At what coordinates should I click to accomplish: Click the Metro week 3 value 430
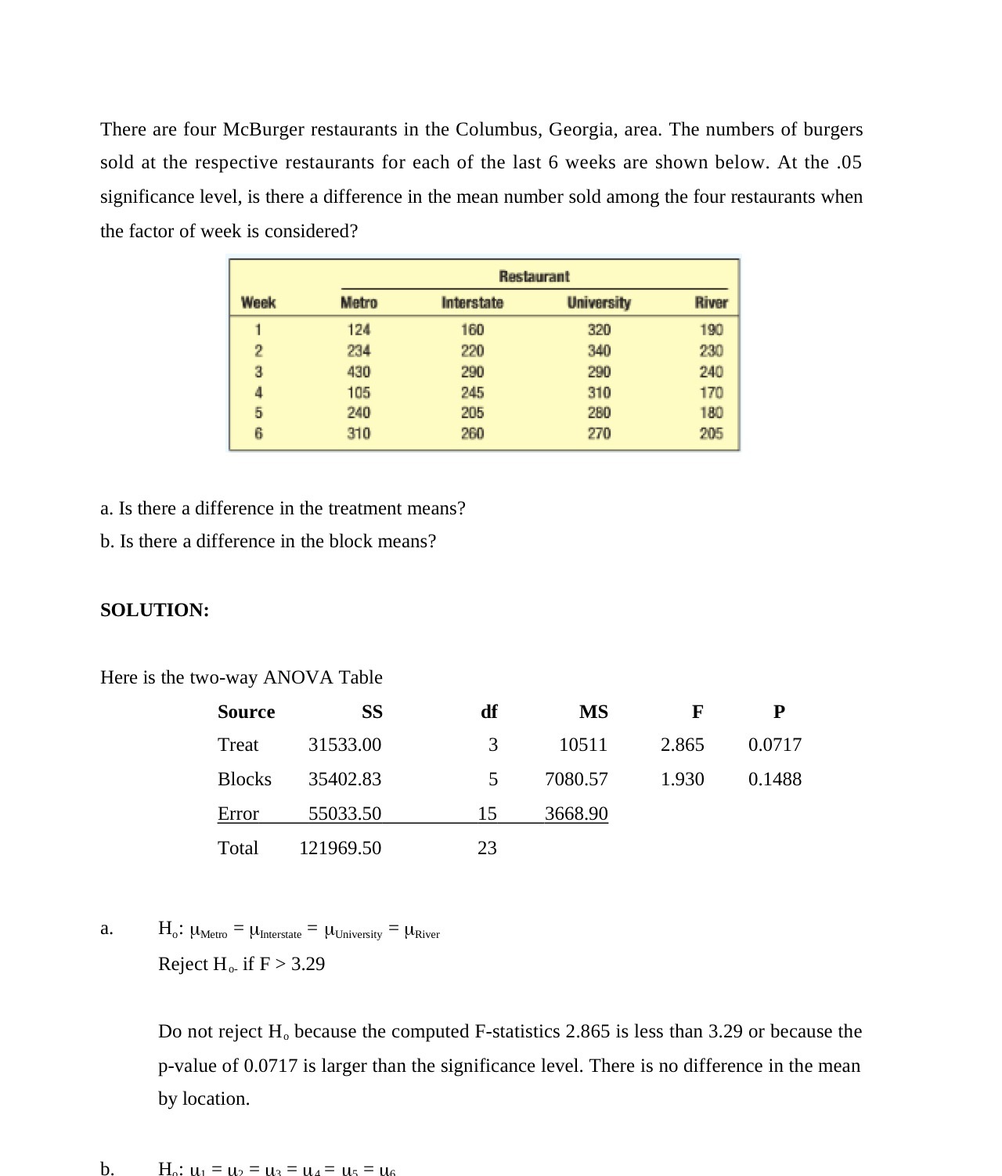pyautogui.click(x=359, y=372)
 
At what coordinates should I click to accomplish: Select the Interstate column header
pyautogui.click(x=472, y=303)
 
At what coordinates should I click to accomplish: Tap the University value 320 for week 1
pyautogui.click(x=599, y=330)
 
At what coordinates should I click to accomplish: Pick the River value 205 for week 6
pyautogui.click(x=711, y=434)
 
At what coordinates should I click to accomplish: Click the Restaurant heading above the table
pyautogui.click(x=534, y=276)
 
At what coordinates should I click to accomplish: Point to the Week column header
pyautogui.click(x=258, y=303)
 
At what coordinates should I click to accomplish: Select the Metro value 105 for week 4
pyautogui.click(x=359, y=392)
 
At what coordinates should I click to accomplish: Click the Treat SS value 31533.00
pyautogui.click(x=344, y=745)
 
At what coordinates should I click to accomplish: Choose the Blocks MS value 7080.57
pyautogui.click(x=576, y=779)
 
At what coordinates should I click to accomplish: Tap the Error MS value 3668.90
pyautogui.click(x=576, y=813)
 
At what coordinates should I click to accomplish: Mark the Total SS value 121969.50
pyautogui.click(x=340, y=848)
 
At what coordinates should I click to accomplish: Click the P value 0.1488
pyautogui.click(x=774, y=779)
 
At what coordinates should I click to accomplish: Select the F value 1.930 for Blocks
pyautogui.click(x=682, y=779)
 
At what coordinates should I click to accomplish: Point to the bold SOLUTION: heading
pyautogui.click(x=155, y=610)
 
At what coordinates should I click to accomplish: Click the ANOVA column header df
pyautogui.click(x=488, y=712)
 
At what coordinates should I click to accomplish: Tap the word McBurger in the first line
pyautogui.click(x=263, y=129)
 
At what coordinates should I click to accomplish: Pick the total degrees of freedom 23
pyautogui.click(x=487, y=848)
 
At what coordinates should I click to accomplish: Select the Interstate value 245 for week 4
pyautogui.click(x=472, y=392)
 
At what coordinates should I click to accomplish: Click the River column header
pyautogui.click(x=711, y=303)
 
